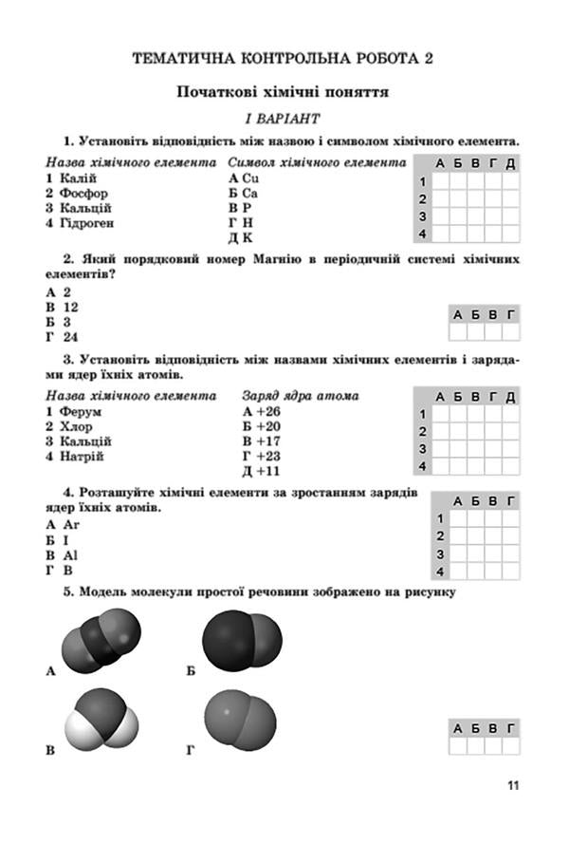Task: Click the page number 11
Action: (x=513, y=785)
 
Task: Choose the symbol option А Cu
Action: (x=244, y=178)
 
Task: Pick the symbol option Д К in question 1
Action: (x=247, y=236)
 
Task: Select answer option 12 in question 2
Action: (x=70, y=308)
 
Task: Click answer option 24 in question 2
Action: (x=70, y=337)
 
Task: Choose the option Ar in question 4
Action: (x=71, y=524)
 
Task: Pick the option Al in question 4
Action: (x=70, y=553)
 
